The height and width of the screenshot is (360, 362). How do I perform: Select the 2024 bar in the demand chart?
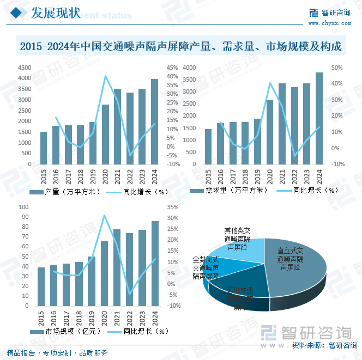pyautogui.click(x=319, y=119)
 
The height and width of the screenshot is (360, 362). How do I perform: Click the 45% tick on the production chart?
pyautogui.click(x=172, y=68)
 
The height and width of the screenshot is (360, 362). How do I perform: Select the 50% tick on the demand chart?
pyautogui.click(x=336, y=68)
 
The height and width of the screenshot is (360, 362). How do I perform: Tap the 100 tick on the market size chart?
pyautogui.click(x=24, y=207)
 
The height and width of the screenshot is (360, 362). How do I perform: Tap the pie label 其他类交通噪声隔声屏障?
pyautogui.click(x=238, y=239)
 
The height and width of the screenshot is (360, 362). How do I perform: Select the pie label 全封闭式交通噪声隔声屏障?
pyautogui.click(x=206, y=267)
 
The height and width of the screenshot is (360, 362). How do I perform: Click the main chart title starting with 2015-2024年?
pyautogui.click(x=180, y=47)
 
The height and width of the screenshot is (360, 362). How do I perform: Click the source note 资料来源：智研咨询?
pyautogui.click(x=323, y=345)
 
